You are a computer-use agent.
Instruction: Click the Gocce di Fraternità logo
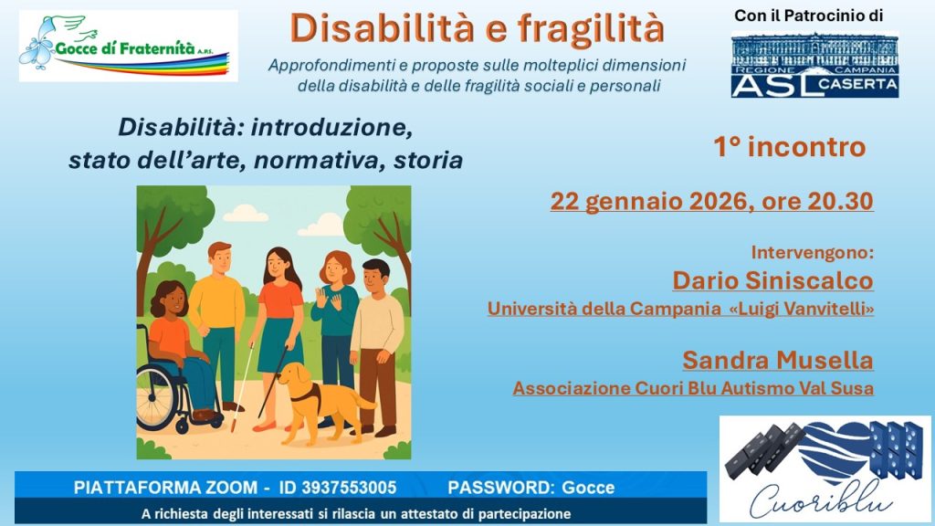point(128,46)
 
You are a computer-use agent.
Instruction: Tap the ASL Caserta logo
point(814,65)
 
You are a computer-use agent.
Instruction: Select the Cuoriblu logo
point(825,468)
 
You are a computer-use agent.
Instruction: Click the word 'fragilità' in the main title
point(591,28)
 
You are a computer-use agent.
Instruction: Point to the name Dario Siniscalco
point(772,280)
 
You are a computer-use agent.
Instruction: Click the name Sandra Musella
point(778,360)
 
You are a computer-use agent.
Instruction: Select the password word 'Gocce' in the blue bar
point(589,488)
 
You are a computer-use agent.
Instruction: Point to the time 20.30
point(841,202)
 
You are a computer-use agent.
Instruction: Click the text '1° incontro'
point(790,147)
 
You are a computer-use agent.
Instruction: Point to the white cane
point(242,387)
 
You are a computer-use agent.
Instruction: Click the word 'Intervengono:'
point(812,252)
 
